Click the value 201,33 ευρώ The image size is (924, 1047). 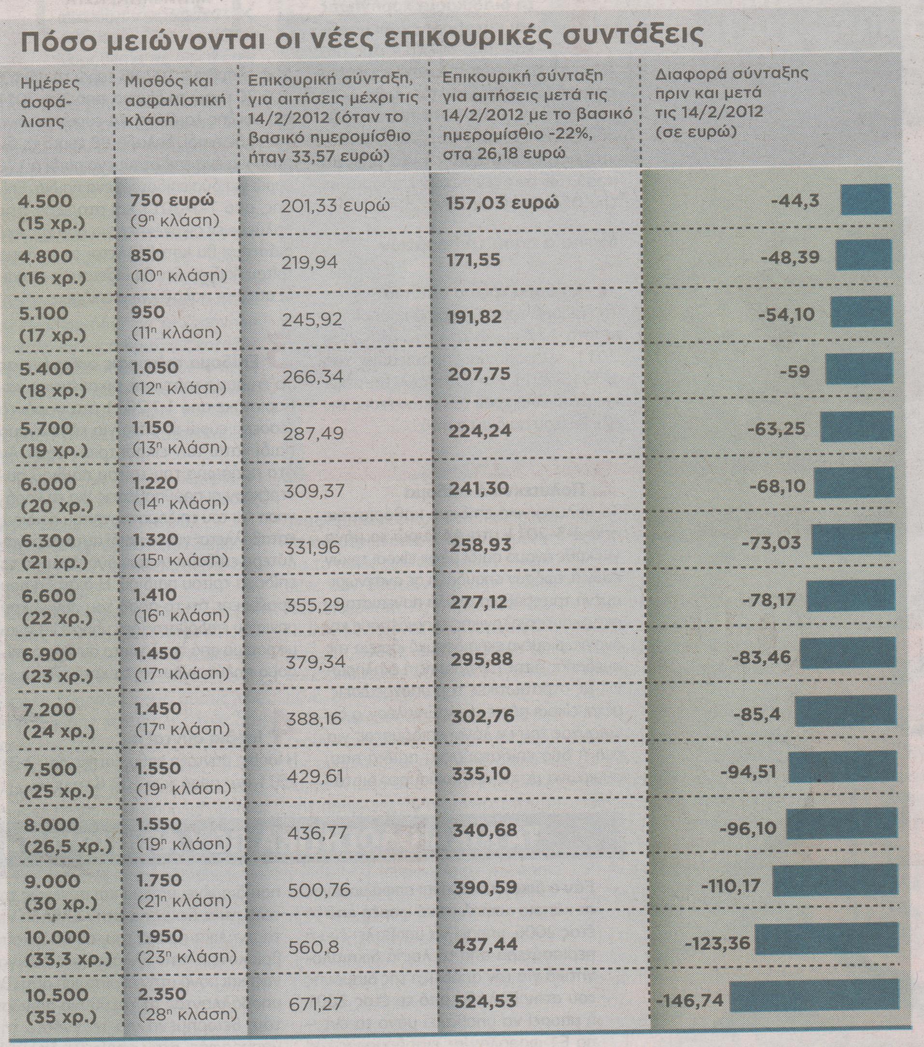(x=335, y=206)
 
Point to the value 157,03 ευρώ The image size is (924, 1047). (x=503, y=202)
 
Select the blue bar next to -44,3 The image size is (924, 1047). (x=866, y=199)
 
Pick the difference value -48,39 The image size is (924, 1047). (x=790, y=257)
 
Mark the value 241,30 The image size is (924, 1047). (x=479, y=488)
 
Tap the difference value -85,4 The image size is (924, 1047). (x=758, y=713)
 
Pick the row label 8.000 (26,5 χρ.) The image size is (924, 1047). (x=67, y=835)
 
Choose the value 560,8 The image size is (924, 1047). (x=313, y=947)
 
